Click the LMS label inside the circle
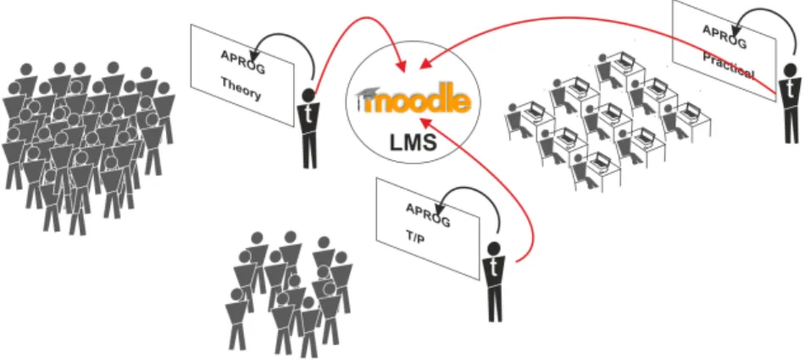pyautogui.click(x=414, y=142)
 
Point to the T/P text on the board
pyautogui.click(x=415, y=239)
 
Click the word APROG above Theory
pyautogui.click(x=243, y=62)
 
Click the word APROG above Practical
pyautogui.click(x=724, y=36)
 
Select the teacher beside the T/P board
pyautogui.click(x=494, y=282)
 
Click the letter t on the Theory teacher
pyautogui.click(x=308, y=114)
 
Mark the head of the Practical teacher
pyautogui.click(x=791, y=69)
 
